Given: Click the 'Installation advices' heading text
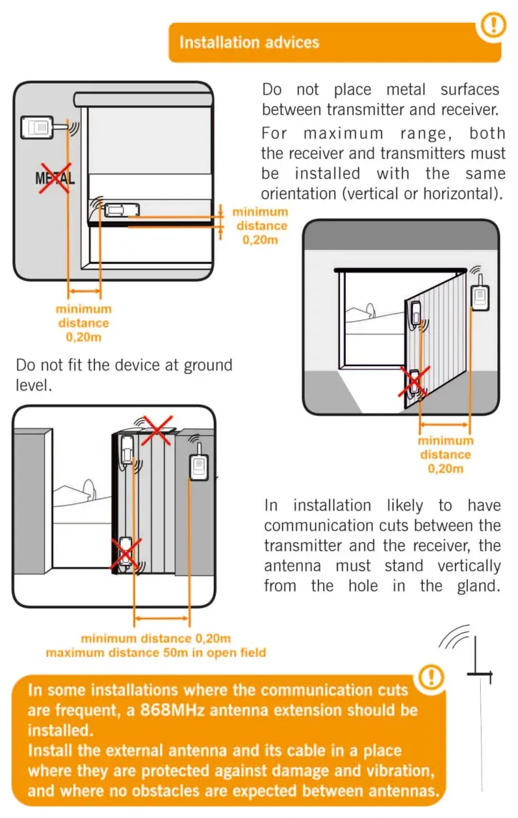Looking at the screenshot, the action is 249,42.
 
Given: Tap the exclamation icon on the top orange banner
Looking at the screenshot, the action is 493,24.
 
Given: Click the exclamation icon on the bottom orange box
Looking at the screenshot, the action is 431,677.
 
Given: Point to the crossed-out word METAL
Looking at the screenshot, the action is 55,179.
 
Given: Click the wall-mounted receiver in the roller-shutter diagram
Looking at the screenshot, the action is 36,127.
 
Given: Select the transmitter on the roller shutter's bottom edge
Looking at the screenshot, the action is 122,210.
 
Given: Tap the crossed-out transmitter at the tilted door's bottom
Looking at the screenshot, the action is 415,383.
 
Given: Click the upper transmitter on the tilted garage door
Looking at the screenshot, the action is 415,312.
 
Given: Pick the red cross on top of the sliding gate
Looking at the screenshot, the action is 157,430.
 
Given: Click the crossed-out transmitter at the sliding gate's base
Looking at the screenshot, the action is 126,554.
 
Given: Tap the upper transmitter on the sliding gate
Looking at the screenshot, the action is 126,450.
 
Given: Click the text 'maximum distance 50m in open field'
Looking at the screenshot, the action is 156,653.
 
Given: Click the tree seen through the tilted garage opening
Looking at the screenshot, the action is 371,310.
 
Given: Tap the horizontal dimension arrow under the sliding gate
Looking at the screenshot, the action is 161,619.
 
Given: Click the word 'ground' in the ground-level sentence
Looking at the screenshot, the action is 205,365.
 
